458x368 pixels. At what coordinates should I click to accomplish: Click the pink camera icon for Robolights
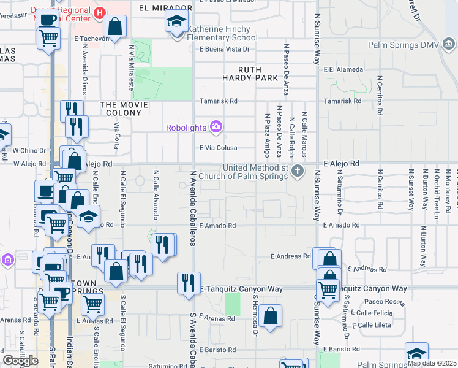pyautogui.click(x=216, y=128)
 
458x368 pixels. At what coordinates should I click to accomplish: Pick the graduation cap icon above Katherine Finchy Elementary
pyautogui.click(x=176, y=23)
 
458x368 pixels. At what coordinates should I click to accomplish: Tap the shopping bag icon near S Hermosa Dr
pyautogui.click(x=270, y=316)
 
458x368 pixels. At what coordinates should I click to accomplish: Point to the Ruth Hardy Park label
pyautogui.click(x=257, y=74)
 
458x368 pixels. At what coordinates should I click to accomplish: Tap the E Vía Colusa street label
pyautogui.click(x=219, y=148)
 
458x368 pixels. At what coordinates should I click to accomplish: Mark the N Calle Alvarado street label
pyautogui.click(x=156, y=195)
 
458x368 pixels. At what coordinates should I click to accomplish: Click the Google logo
pyautogui.click(x=20, y=361)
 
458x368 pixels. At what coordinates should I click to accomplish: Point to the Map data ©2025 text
pyautogui.click(x=432, y=362)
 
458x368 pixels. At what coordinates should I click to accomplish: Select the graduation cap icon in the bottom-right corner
pyautogui.click(x=416, y=353)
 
